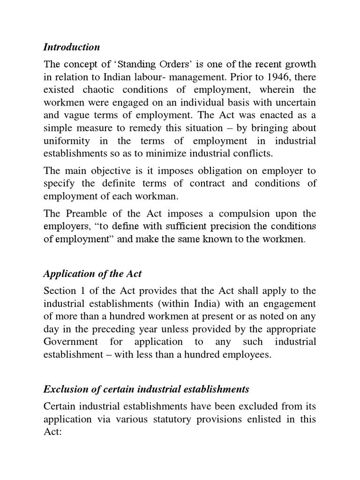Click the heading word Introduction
click(x=71, y=47)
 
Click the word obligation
click(x=213, y=170)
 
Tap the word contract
click(x=205, y=183)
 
